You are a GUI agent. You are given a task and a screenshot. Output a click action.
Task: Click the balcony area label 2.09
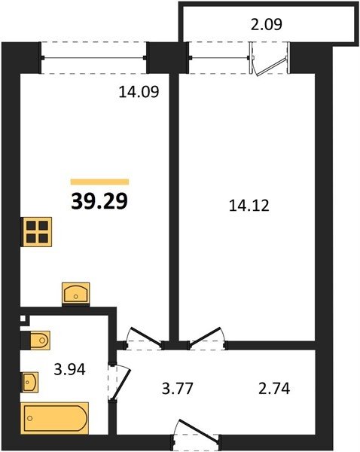click(x=267, y=24)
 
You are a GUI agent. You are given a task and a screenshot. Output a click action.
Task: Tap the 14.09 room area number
click(x=139, y=92)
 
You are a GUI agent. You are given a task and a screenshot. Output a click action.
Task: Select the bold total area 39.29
click(x=99, y=201)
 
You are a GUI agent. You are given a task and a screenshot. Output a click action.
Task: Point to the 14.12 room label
click(x=249, y=206)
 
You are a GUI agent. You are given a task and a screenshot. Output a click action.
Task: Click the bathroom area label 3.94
click(x=70, y=370)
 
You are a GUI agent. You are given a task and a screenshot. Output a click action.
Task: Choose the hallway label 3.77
click(x=177, y=388)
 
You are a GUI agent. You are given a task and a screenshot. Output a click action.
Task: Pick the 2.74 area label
click(x=274, y=388)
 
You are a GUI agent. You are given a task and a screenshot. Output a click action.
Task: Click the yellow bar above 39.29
click(x=99, y=182)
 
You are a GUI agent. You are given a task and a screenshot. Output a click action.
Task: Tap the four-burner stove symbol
click(x=37, y=232)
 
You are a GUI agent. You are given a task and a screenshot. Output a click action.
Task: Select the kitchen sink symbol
click(x=76, y=294)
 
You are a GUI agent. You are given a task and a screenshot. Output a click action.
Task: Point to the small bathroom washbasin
click(x=30, y=382)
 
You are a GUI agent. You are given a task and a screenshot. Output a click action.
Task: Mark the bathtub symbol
click(x=55, y=418)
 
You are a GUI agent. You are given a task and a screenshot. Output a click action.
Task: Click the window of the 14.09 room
click(x=94, y=58)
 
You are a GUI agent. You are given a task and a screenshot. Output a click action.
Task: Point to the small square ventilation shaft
click(x=23, y=319)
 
